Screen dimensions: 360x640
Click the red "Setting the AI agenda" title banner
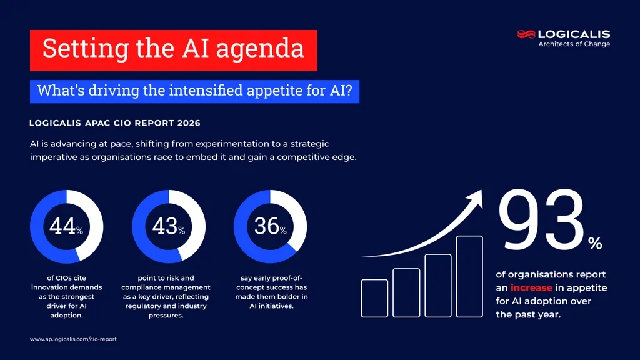[x=173, y=50]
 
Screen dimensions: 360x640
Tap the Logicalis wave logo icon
[x=526, y=34]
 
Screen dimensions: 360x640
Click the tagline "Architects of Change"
[x=574, y=44]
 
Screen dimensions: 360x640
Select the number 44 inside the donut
[x=62, y=226]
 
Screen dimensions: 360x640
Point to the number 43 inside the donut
[x=164, y=226]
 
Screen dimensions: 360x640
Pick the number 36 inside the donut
[x=266, y=226]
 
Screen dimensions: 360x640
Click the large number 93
[x=541, y=222]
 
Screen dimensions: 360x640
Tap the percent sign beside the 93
[x=595, y=244]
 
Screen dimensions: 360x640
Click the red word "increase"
[x=531, y=288]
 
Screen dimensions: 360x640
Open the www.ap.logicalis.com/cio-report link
[x=73, y=339]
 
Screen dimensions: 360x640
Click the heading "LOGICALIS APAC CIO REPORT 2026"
[x=115, y=123]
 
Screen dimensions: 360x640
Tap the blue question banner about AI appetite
[x=194, y=91]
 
